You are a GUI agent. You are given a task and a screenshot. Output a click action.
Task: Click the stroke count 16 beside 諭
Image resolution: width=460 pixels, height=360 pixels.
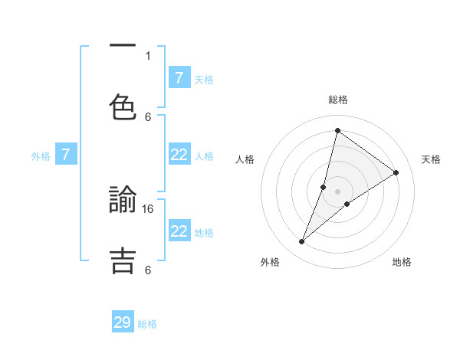tap(149, 208)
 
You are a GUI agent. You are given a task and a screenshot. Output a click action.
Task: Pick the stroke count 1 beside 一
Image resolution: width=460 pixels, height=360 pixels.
tap(148, 55)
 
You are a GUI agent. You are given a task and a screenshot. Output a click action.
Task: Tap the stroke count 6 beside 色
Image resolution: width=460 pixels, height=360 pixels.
tap(148, 116)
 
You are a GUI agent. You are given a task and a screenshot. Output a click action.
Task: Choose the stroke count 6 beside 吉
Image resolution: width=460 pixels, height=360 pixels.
tap(148, 270)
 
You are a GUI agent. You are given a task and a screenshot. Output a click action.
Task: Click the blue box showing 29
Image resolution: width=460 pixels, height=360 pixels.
tap(123, 322)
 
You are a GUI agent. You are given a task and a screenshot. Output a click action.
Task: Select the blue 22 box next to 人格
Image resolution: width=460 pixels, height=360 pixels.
tap(179, 155)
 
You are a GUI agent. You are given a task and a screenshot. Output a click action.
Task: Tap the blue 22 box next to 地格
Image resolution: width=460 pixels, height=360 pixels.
tap(179, 231)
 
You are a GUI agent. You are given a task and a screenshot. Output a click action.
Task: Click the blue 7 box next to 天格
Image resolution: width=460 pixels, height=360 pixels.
tap(179, 77)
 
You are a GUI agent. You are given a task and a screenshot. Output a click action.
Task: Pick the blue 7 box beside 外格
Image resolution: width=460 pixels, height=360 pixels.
tap(66, 155)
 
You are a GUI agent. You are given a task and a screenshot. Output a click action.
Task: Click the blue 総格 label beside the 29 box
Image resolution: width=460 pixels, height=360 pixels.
tap(147, 324)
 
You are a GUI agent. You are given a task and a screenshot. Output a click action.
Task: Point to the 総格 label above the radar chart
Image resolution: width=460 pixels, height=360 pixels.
tap(338, 100)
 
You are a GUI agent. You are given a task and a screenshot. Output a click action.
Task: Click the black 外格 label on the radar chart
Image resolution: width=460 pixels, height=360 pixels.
tap(270, 262)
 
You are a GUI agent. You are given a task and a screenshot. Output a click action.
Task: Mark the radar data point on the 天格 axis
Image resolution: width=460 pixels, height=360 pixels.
tap(396, 172)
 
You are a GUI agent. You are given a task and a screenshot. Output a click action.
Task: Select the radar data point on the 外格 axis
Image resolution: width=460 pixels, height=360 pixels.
tap(302, 242)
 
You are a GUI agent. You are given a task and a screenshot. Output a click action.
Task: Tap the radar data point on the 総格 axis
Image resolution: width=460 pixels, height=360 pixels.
tap(337, 130)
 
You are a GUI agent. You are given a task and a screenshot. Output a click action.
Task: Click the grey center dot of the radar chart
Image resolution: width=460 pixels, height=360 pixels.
tap(337, 191)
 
